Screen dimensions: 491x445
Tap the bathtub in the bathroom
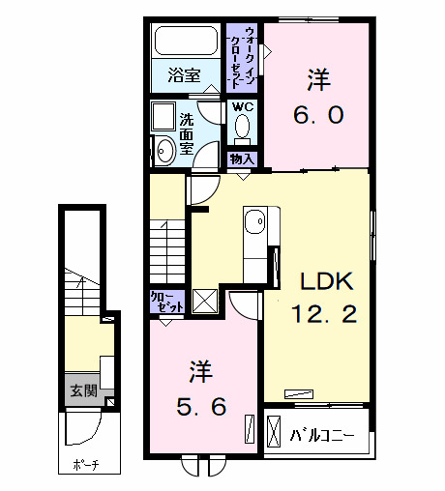[x=187, y=42]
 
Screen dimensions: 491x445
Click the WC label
[x=242, y=107]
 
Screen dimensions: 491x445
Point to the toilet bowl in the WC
[x=242, y=129]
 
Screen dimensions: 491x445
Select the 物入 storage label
[x=242, y=158]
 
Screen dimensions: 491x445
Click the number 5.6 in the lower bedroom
[x=201, y=406]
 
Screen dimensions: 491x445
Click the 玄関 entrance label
[x=83, y=391]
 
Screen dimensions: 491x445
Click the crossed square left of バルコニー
[x=274, y=430]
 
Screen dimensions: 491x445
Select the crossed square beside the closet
[x=205, y=301]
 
